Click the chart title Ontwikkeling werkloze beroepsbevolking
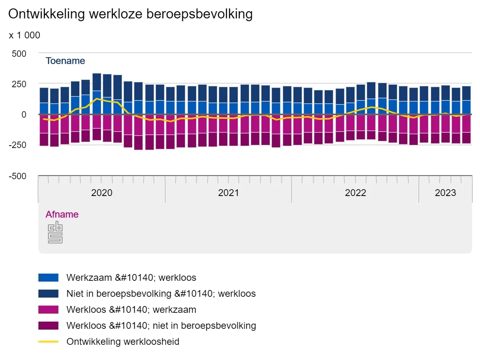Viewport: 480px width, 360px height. click(x=130, y=14)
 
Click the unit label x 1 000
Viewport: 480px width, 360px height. click(x=24, y=35)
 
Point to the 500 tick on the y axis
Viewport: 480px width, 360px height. click(x=18, y=54)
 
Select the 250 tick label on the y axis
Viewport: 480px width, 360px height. click(x=18, y=84)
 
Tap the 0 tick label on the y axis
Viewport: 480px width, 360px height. click(x=24, y=115)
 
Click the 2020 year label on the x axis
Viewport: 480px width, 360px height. click(x=102, y=193)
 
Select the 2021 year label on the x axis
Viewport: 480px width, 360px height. click(x=228, y=193)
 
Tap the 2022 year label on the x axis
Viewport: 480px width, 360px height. click(x=355, y=193)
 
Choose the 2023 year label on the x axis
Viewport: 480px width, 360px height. click(x=445, y=193)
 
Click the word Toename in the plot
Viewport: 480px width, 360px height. click(x=65, y=61)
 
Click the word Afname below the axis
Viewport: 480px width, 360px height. click(x=62, y=214)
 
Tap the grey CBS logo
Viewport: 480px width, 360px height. click(x=55, y=232)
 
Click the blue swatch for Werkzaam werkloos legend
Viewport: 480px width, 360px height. click(x=48, y=278)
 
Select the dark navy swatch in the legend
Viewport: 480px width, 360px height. click(x=48, y=294)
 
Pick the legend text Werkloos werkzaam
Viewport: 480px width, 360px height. click(x=131, y=310)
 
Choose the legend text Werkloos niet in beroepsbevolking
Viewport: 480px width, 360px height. click(x=161, y=326)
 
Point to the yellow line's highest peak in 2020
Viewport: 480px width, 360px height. click(x=96, y=98)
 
